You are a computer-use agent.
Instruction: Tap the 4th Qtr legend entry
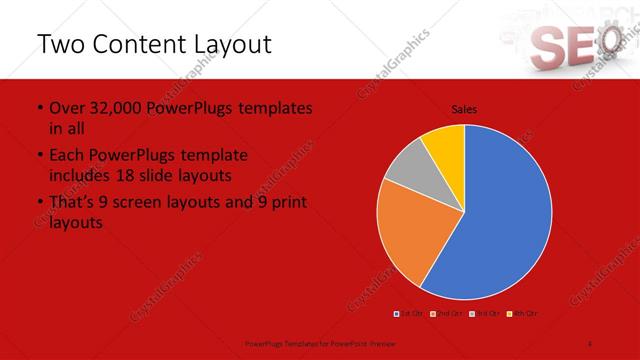(522, 313)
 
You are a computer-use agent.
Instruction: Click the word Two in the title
(63, 45)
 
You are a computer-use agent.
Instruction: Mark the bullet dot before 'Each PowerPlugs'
(39, 156)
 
